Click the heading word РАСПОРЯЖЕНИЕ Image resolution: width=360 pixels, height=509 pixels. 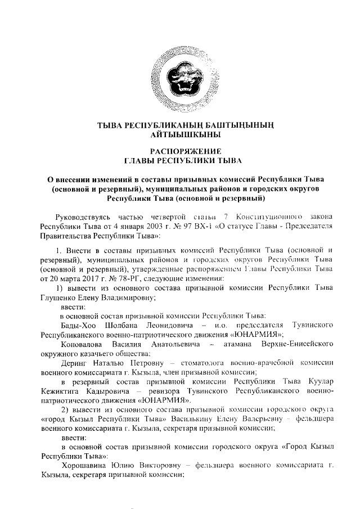click(180, 151)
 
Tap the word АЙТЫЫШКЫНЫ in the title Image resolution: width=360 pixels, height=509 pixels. click(180, 135)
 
